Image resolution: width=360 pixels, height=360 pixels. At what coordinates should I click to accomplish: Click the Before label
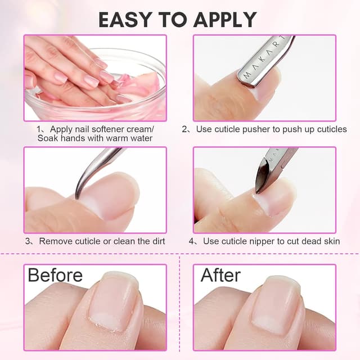[x=55, y=275]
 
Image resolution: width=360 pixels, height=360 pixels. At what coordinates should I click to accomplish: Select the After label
[x=220, y=275]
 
